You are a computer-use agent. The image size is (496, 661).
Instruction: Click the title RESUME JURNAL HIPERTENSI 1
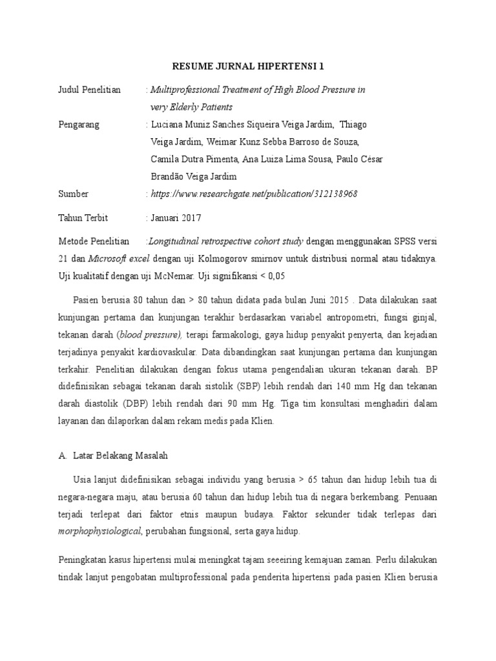coord(248,66)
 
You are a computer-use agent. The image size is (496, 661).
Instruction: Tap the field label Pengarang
coord(79,125)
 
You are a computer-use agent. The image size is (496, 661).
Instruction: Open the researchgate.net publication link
coord(254,194)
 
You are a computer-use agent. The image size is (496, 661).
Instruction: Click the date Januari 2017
coord(176,218)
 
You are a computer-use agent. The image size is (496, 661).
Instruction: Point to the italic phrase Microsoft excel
coord(119,259)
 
